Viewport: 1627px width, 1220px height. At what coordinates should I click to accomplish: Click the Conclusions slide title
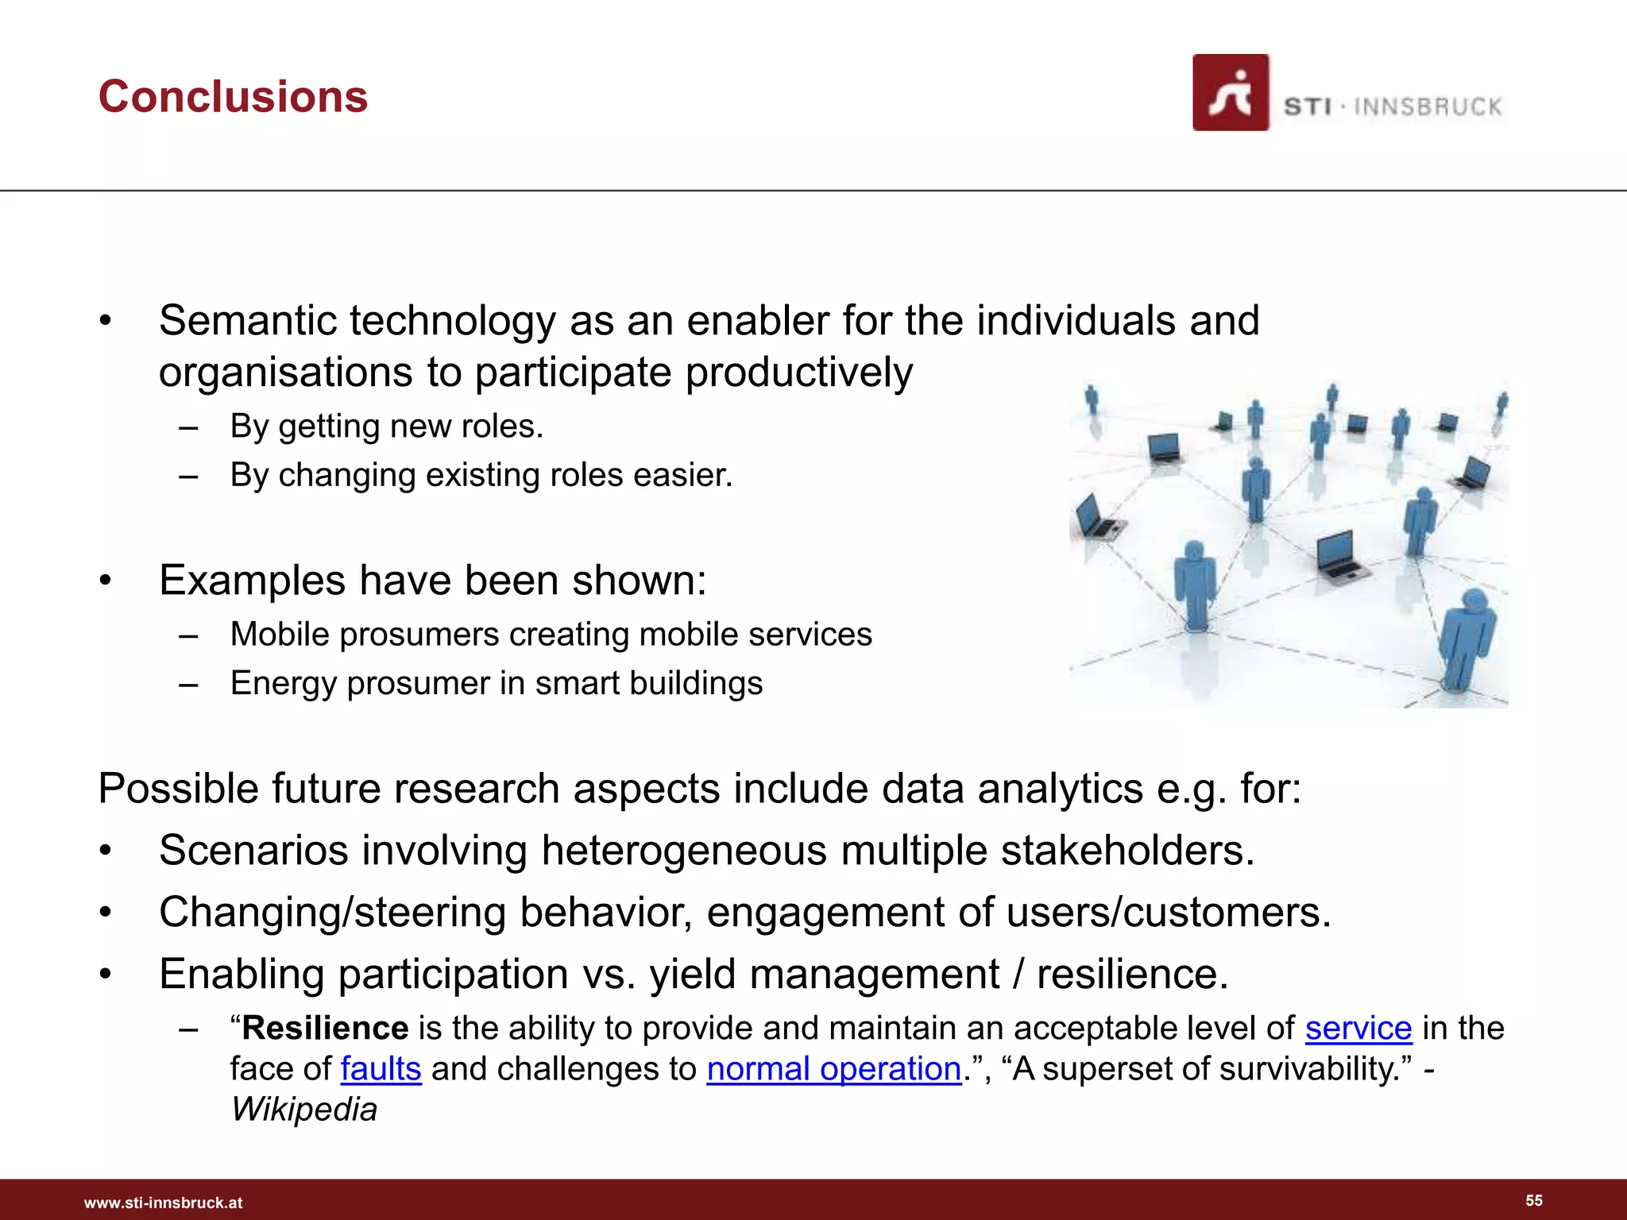coord(233,97)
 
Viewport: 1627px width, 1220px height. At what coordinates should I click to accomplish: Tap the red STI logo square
coord(1230,93)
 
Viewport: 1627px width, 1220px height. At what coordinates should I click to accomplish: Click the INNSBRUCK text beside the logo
coord(1428,107)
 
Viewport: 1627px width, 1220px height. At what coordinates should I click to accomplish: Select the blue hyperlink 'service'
coord(1358,1029)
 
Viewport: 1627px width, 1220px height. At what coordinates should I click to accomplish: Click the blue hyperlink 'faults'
coord(381,1069)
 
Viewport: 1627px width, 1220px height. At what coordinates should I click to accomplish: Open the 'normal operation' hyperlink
coord(833,1069)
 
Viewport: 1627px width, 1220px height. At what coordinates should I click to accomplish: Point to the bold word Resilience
coord(325,1029)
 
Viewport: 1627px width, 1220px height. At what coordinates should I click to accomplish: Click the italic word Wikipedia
coord(303,1110)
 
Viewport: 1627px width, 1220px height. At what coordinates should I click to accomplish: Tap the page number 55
coord(1534,1200)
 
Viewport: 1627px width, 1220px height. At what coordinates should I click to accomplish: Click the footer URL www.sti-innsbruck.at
coord(163,1203)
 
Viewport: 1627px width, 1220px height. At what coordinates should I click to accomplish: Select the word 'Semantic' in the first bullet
coord(247,321)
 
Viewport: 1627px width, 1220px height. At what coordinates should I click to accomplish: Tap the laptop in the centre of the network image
coord(1339,554)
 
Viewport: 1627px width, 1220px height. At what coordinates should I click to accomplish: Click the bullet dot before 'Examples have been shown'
coord(106,581)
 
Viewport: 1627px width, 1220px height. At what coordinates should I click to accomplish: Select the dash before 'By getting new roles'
coord(188,427)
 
